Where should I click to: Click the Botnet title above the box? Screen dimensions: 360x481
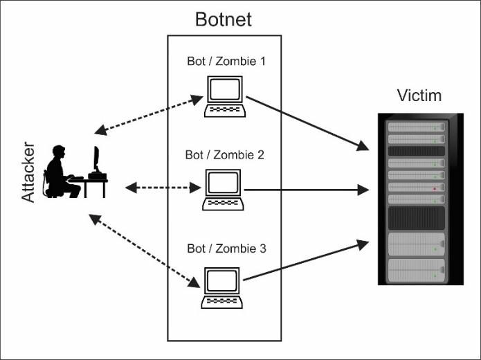[x=224, y=19]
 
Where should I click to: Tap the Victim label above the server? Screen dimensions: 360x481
[x=419, y=95]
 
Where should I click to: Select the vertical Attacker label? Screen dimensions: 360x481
[x=28, y=172]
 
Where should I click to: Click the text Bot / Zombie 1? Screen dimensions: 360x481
[x=226, y=61]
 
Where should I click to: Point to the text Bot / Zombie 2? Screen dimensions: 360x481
[x=224, y=154]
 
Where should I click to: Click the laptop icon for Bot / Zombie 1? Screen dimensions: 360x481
[x=225, y=96]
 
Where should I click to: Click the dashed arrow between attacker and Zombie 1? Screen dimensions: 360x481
[x=148, y=115]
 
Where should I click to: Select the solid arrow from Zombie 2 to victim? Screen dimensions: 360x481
[x=305, y=188]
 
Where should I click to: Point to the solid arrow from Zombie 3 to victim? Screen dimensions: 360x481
[x=305, y=260]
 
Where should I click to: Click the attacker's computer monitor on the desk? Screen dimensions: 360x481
[x=96, y=160]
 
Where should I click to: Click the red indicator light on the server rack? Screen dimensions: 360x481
[x=433, y=188]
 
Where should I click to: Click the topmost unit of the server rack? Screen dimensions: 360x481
[x=416, y=127]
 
